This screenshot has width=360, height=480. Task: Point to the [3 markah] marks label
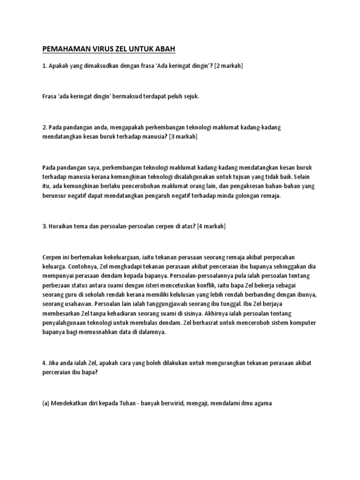point(183,136)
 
